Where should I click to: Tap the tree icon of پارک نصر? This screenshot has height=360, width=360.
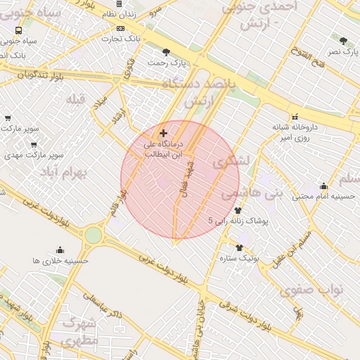coord(343,41)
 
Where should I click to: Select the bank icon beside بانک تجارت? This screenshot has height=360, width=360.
coord(121,28)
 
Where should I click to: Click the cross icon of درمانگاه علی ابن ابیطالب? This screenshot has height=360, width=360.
coord(164,133)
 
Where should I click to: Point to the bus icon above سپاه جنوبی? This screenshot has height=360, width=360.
coord(18,31)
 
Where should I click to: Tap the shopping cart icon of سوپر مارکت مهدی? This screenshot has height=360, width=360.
coord(33,144)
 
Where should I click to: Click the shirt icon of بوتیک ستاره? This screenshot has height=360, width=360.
coord(240,247)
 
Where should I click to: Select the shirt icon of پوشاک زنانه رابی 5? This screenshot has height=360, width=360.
coord(238,210)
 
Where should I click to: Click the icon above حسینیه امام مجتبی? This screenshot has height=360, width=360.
coord(323,186)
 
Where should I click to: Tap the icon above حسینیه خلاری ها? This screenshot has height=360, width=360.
coord(60,250)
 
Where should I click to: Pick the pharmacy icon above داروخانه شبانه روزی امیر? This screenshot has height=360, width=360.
coord(295,117)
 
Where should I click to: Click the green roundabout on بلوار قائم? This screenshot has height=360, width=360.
coord(94,236)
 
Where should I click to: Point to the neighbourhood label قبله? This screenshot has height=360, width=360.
coord(75,99)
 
